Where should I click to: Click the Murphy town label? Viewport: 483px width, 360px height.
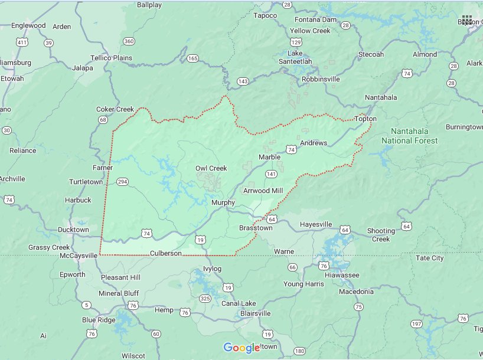pos(223,202)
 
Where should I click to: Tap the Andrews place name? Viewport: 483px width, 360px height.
pos(313,143)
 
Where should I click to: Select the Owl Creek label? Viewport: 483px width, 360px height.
pos(211,168)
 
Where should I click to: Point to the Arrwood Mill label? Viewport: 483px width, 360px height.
pos(264,191)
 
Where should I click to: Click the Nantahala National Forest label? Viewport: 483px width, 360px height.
pos(409,136)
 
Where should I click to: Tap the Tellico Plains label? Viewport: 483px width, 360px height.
pos(111,58)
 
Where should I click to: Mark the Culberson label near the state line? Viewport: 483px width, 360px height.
pos(165,253)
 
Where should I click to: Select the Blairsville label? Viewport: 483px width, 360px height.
pos(252,313)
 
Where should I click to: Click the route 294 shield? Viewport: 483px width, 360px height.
pos(123,181)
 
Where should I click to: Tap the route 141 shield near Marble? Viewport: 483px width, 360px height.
pos(271,174)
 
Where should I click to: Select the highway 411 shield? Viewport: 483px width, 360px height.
pos(22,42)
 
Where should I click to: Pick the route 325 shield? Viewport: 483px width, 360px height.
pos(205,299)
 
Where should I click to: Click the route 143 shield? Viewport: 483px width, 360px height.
pos(243,81)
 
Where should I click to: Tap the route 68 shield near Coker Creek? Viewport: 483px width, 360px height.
pos(103,120)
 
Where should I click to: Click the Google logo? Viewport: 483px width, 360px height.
pos(241,348)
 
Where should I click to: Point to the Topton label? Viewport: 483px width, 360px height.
pos(365,119)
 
